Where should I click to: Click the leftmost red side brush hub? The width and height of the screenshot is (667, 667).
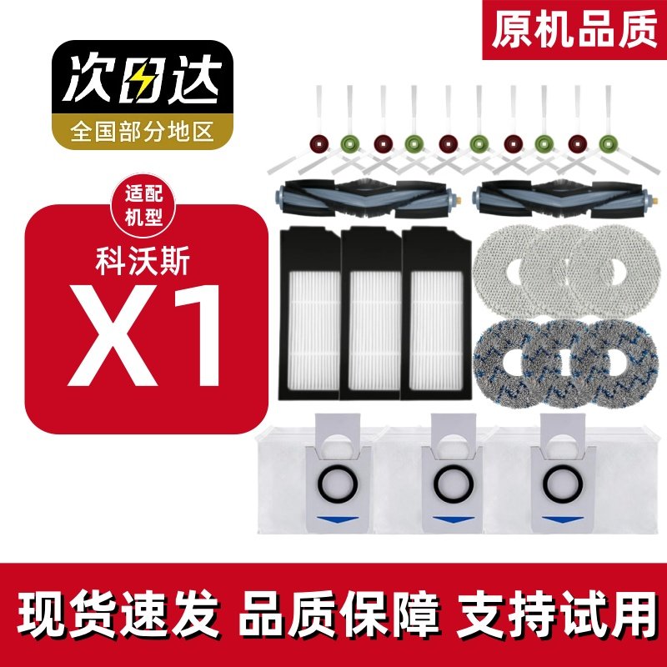point(316,143)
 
